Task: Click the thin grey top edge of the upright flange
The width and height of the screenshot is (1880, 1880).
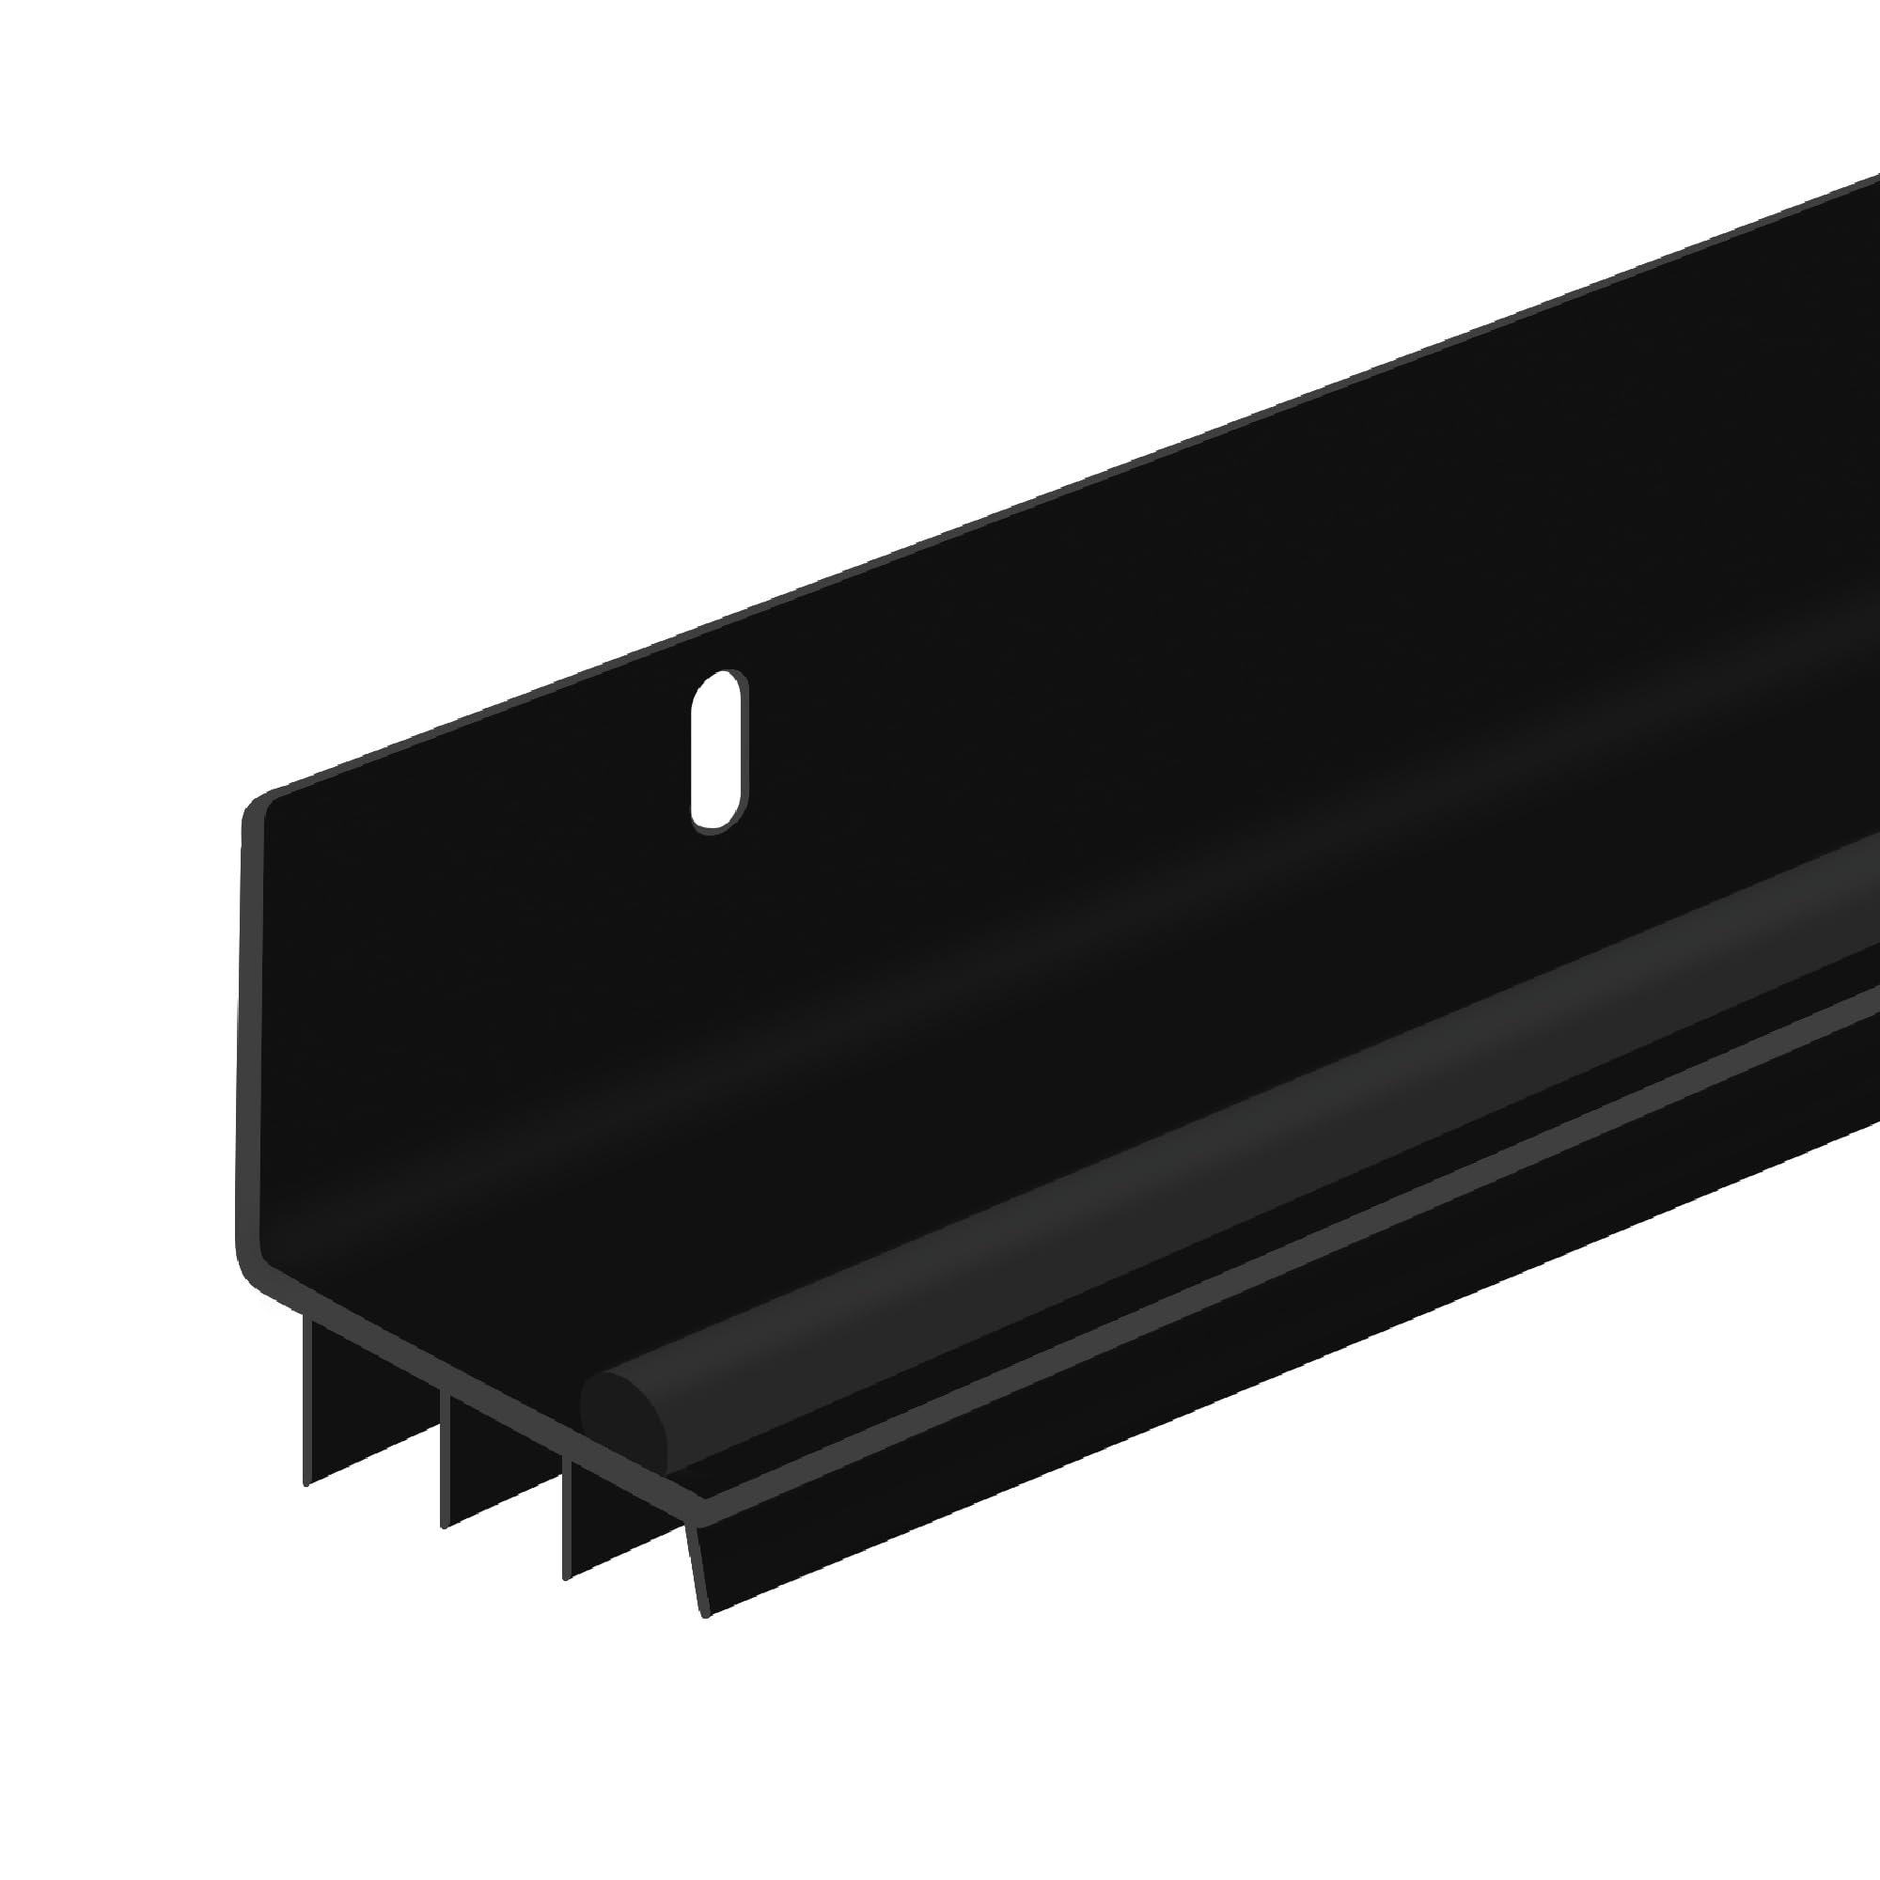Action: coord(1071,492)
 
